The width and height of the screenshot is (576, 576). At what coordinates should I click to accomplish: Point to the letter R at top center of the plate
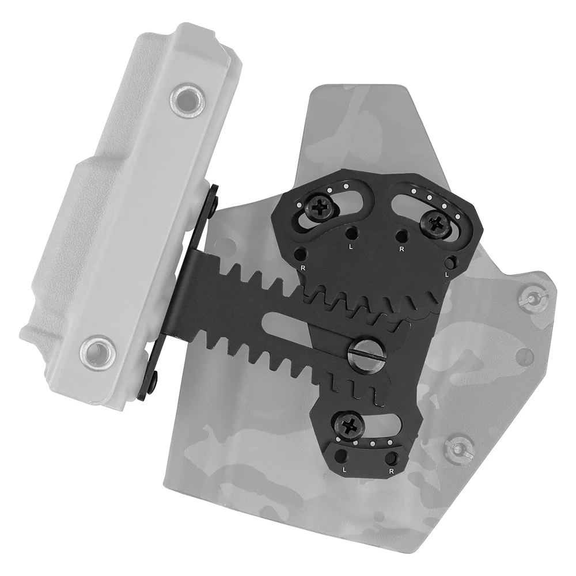(401, 248)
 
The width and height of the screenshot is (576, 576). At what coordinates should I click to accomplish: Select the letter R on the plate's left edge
(302, 268)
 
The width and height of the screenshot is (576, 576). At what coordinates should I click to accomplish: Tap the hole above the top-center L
(351, 233)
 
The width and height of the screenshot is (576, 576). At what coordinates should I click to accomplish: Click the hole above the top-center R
(402, 234)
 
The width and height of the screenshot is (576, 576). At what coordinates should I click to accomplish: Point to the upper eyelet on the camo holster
(530, 297)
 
